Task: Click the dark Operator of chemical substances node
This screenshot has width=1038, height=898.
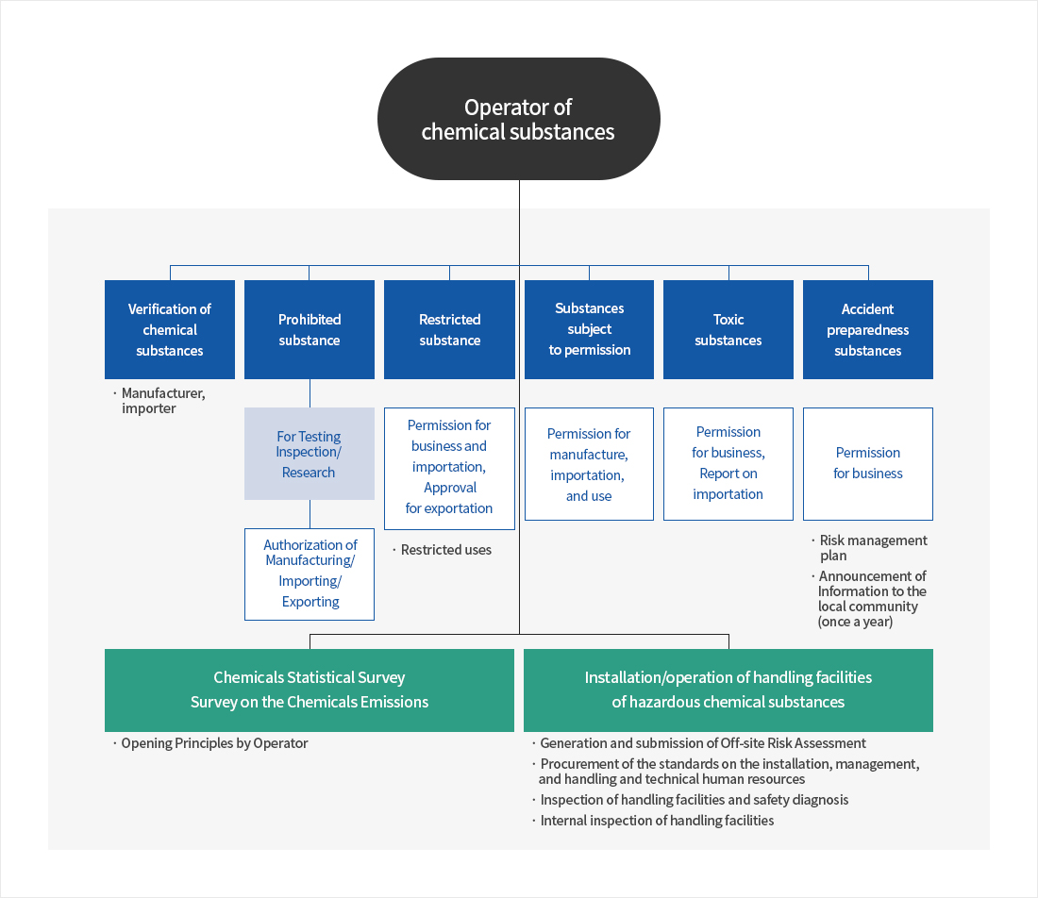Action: click(518, 119)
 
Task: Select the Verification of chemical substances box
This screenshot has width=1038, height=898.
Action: click(170, 329)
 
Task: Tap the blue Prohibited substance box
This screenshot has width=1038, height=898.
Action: click(310, 329)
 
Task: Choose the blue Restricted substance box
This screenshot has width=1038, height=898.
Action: click(449, 329)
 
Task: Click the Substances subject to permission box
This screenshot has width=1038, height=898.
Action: click(589, 329)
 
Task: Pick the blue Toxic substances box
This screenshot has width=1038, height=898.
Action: click(728, 329)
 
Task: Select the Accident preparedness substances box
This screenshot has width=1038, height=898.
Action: click(868, 329)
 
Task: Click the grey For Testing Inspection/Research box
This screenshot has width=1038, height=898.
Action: click(310, 454)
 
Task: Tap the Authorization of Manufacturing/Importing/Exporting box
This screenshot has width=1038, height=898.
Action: click(310, 574)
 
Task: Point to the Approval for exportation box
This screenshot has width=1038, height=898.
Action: click(449, 468)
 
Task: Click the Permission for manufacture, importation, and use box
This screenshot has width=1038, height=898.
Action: click(589, 464)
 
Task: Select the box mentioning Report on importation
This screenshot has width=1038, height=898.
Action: click(728, 463)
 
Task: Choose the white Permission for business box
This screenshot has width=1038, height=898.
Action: click(868, 463)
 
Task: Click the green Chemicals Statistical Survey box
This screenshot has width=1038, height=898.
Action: click(310, 690)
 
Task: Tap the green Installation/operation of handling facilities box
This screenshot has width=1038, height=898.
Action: click(728, 690)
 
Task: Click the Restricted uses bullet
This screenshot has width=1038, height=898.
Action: click(445, 550)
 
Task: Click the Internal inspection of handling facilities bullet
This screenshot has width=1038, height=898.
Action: click(657, 821)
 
